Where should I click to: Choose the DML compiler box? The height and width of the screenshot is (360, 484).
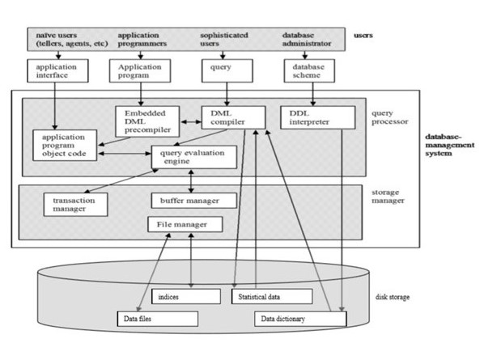[233, 117]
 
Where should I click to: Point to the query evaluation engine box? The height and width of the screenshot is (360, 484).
[191, 156]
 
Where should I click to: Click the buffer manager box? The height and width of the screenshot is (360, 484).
[193, 200]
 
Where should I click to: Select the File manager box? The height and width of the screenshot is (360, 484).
[182, 224]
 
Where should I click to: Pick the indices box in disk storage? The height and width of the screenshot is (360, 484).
[187, 297]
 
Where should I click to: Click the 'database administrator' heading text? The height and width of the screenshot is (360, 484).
[304, 39]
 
